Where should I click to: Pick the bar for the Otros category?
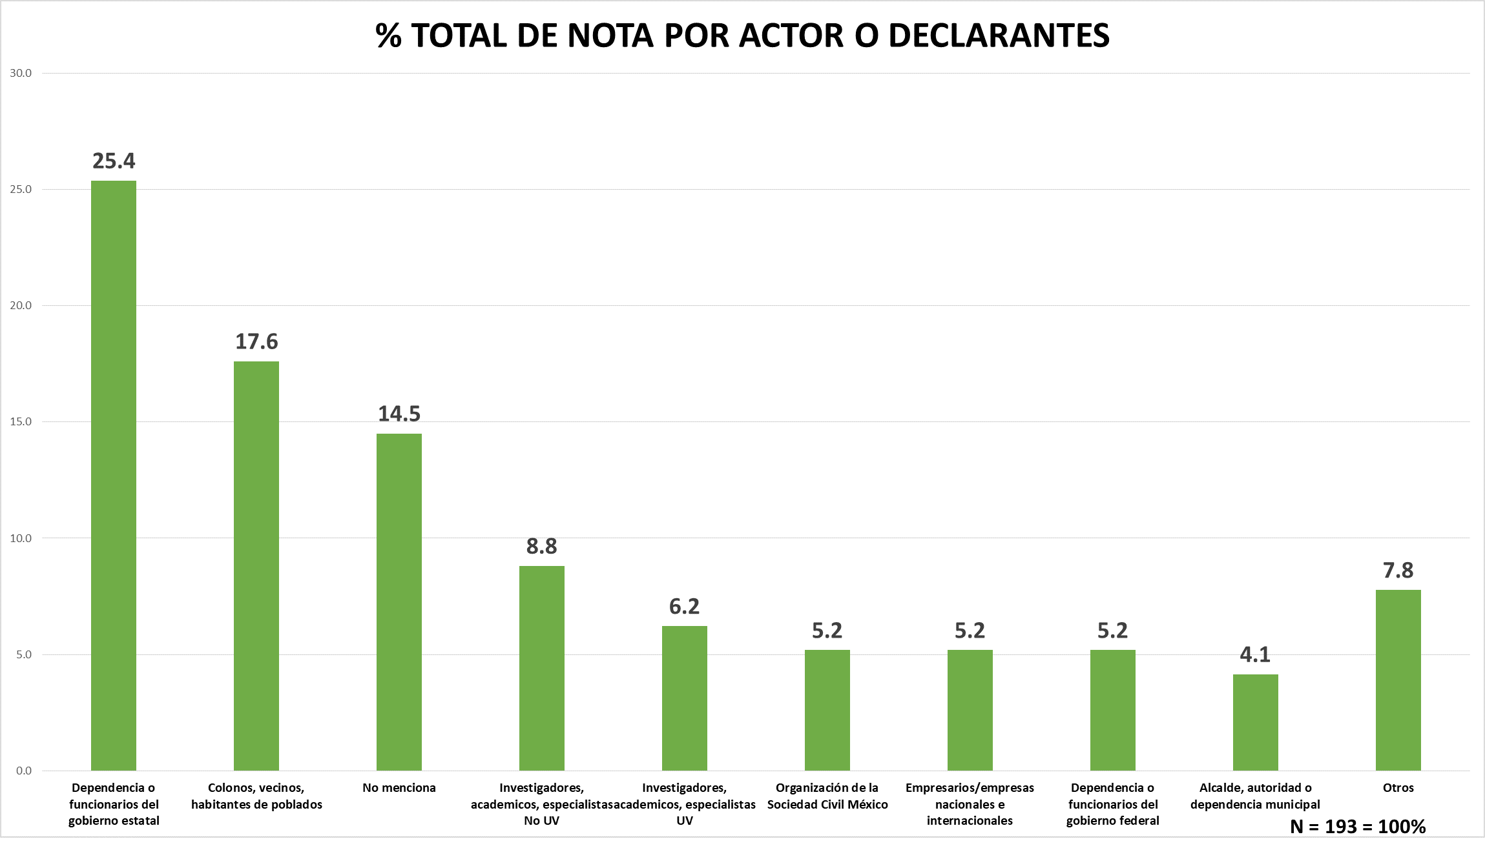point(1398,680)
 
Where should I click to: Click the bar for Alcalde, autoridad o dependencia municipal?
point(1255,723)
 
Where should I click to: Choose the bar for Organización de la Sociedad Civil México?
point(827,710)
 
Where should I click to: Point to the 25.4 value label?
point(114,161)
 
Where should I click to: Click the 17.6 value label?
point(256,341)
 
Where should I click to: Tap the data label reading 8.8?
point(541,547)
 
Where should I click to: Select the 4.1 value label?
point(1255,655)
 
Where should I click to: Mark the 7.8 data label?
point(1398,570)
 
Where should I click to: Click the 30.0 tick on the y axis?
point(21,73)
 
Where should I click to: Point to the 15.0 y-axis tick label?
point(21,421)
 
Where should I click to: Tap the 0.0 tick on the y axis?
point(24,771)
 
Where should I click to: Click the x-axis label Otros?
point(1398,788)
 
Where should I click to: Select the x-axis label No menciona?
point(399,788)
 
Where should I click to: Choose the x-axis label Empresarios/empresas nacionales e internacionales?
point(970,804)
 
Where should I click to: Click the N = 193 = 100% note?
point(1358,827)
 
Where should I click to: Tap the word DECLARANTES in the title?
point(999,35)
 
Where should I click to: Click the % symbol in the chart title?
point(388,35)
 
